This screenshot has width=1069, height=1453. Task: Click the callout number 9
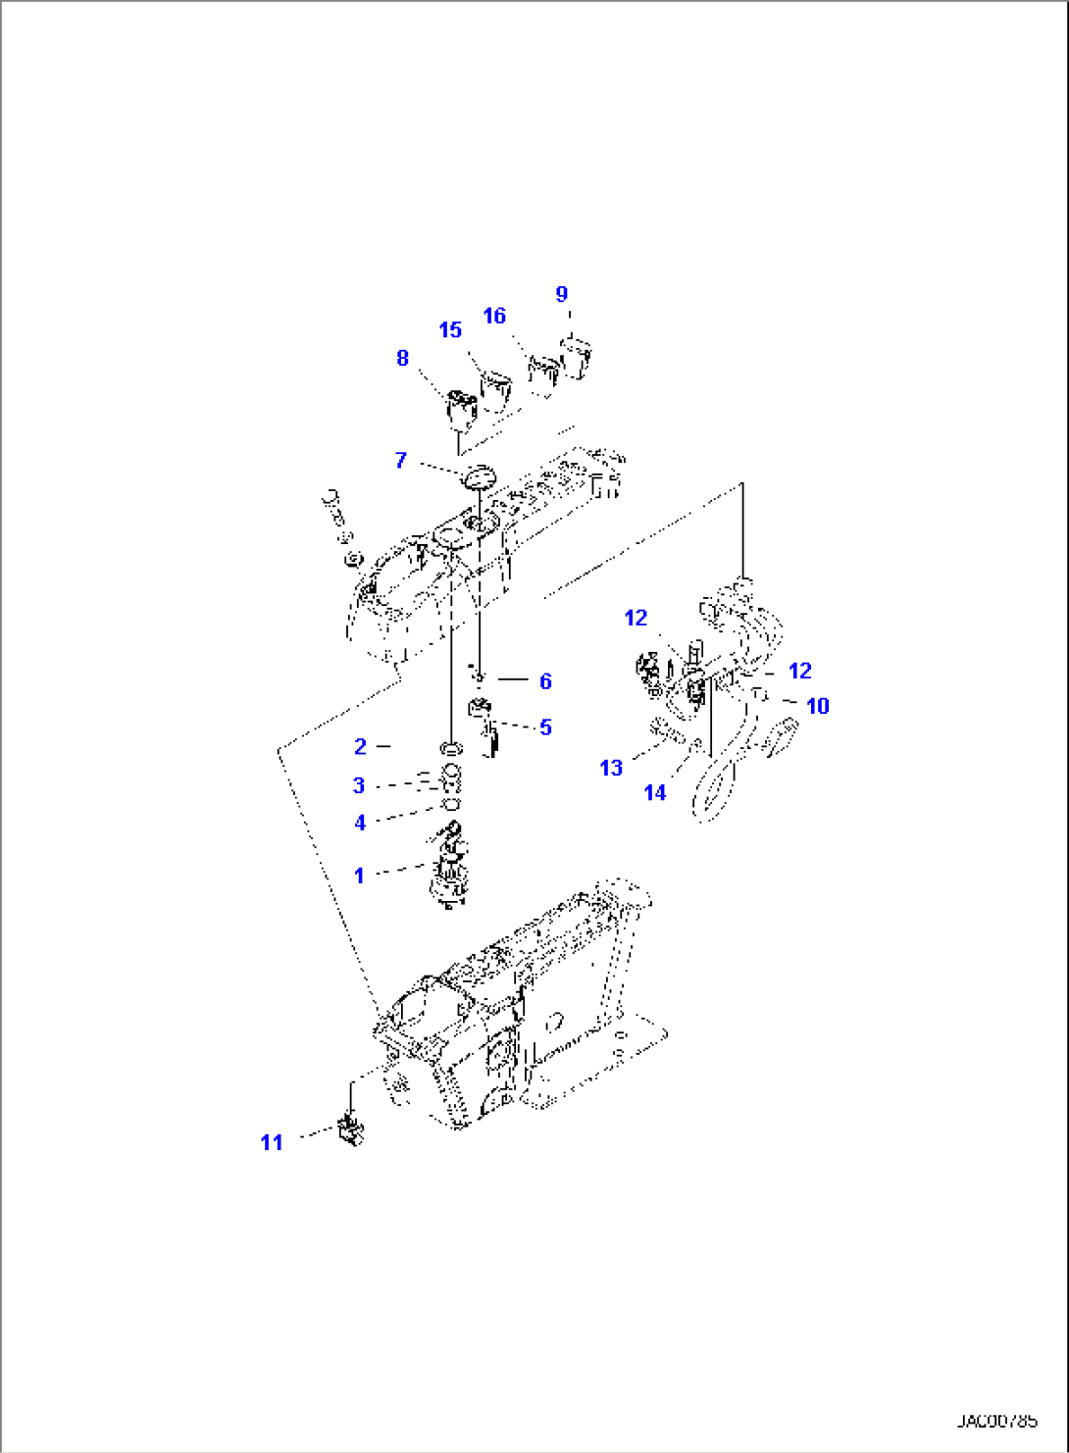click(562, 294)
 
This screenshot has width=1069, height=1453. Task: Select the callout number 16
click(494, 316)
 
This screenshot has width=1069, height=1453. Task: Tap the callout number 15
click(450, 330)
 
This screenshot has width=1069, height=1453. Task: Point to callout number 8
click(402, 359)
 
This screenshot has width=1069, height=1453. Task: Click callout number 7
click(400, 461)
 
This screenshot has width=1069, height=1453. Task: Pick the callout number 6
click(545, 681)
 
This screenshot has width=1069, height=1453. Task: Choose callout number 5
click(545, 727)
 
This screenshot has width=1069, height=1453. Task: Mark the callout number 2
click(360, 747)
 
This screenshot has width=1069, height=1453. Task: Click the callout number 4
click(360, 824)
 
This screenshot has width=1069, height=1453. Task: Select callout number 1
click(359, 876)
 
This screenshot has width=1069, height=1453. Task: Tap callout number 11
click(272, 1143)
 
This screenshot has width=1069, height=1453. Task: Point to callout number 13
click(611, 769)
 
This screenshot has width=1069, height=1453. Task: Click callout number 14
click(655, 792)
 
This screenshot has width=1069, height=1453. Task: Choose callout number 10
click(817, 706)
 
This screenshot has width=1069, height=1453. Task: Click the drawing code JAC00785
click(996, 1421)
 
